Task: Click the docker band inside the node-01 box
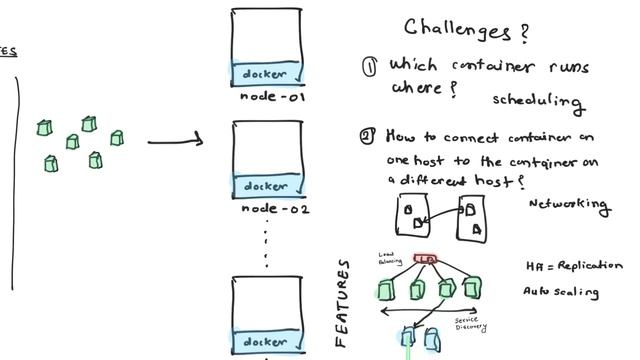267,74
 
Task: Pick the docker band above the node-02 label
267,186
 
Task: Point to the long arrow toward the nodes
175,141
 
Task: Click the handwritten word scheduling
537,100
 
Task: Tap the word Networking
567,204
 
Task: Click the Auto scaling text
561,292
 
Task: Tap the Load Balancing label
390,259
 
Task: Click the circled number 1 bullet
369,66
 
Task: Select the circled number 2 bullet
368,136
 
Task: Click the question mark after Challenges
523,32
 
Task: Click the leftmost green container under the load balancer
385,290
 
